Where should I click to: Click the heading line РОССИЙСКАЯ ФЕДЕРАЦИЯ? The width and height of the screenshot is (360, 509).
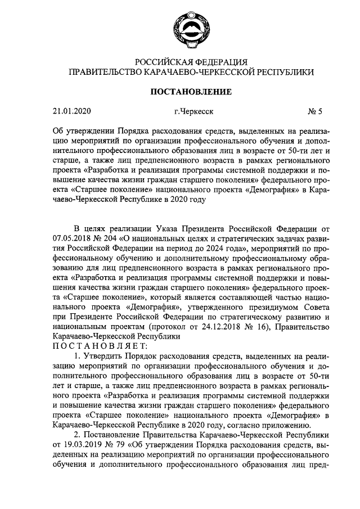[179, 61]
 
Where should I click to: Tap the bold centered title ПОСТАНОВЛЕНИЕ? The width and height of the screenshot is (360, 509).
[179, 91]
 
